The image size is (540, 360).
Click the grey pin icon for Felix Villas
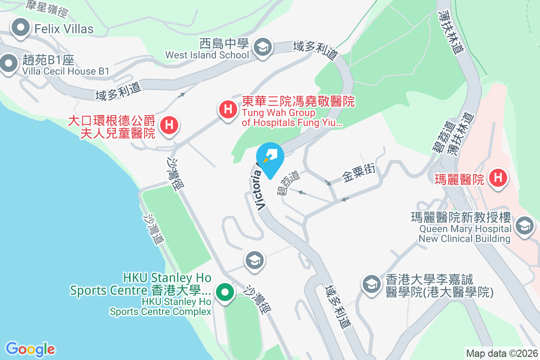coord(20,28)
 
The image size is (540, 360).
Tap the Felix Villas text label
coord(63,29)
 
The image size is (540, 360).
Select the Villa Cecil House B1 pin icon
coord(8,63)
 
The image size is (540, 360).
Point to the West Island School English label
coord(207,55)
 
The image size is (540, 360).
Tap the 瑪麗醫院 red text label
coord(459,180)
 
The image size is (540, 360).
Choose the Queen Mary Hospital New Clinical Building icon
coord(523,225)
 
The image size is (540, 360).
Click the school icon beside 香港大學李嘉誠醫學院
coord(371,284)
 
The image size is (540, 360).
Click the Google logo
coord(30,349)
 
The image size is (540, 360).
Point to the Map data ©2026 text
coord(501,353)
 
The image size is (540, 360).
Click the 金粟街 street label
coord(359,172)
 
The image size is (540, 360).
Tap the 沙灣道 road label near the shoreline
coord(153,229)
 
